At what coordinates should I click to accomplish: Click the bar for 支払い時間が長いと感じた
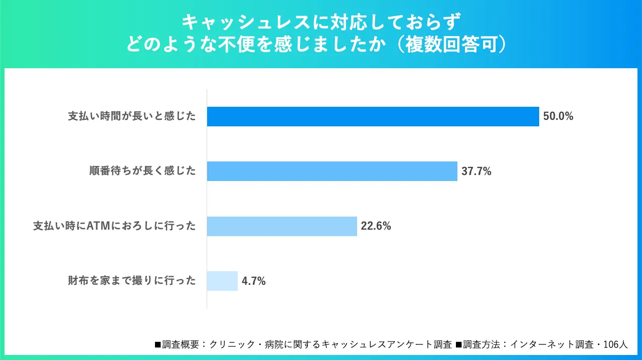373,116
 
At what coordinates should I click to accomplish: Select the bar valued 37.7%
332,171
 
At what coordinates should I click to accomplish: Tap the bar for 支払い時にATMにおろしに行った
282,226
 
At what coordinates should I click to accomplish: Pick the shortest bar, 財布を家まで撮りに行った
222,281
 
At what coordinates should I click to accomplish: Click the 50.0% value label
558,116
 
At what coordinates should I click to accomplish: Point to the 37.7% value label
476,171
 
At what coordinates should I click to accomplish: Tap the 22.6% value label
376,226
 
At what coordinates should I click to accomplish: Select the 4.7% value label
254,281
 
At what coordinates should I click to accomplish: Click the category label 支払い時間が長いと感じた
132,116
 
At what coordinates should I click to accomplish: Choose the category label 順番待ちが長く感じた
142,171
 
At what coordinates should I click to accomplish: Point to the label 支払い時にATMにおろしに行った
114,226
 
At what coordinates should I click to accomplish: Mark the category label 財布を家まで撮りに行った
132,281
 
